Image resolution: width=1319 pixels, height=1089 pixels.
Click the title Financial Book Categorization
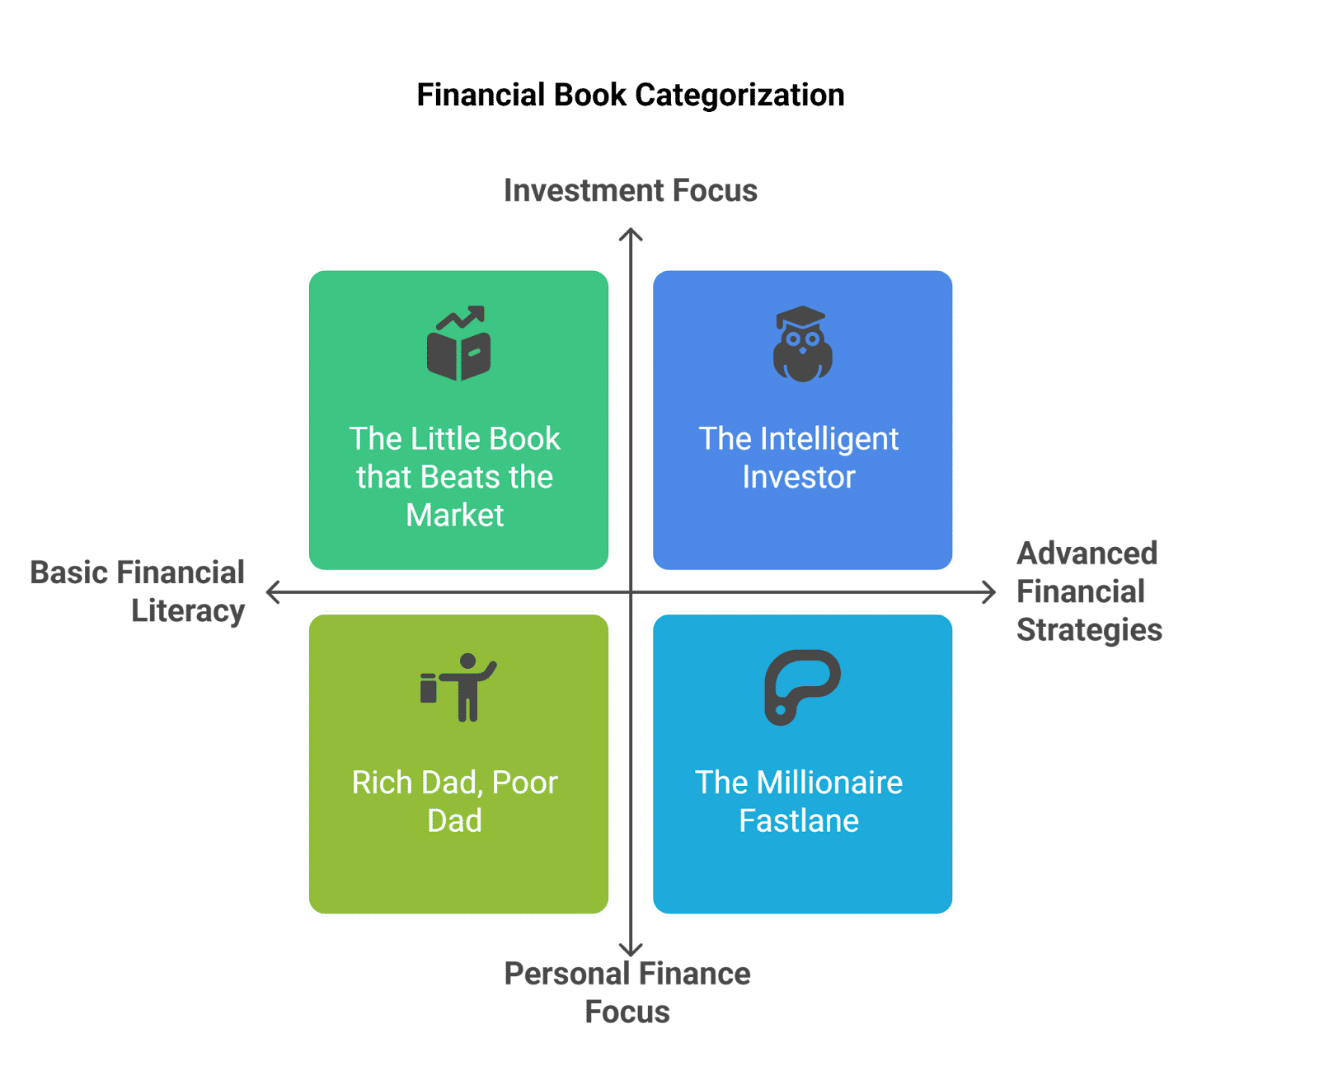click(631, 96)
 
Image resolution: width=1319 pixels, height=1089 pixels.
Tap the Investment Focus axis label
click(631, 191)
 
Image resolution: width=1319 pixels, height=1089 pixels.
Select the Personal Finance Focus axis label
click(627, 993)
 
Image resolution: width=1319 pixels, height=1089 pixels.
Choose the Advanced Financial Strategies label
click(1088, 591)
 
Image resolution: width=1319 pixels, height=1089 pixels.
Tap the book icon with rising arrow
click(459, 344)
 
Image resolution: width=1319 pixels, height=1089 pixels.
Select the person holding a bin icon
click(459, 688)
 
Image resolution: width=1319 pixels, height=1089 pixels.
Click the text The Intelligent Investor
click(799, 458)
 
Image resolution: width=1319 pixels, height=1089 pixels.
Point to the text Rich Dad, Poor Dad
click(455, 802)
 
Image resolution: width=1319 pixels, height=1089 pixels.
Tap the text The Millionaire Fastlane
click(799, 802)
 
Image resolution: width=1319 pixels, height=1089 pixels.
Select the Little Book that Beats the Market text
click(455, 477)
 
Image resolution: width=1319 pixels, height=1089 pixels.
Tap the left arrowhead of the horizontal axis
click(271, 592)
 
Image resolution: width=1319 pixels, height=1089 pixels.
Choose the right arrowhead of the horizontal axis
click(990, 592)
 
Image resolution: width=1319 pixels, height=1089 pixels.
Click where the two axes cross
click(631, 592)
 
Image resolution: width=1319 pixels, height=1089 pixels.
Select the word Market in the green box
click(455, 516)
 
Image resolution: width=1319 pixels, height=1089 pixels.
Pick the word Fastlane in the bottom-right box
click(799, 821)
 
